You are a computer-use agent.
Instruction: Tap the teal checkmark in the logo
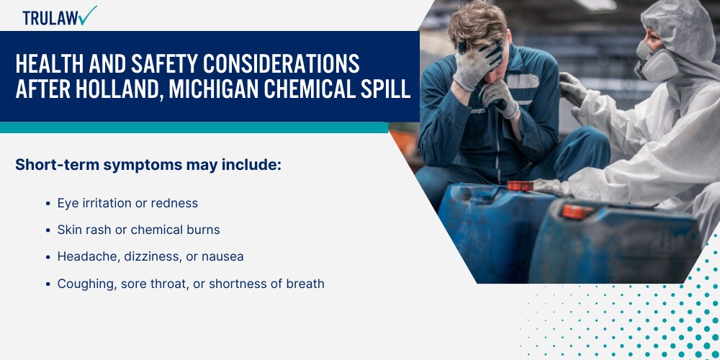pyautogui.click(x=89, y=14)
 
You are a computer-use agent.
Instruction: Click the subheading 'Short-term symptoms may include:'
pyautogui.click(x=148, y=165)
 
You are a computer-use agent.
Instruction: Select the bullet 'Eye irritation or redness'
pyautogui.click(x=127, y=203)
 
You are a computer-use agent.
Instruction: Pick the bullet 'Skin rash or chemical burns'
pyautogui.click(x=138, y=230)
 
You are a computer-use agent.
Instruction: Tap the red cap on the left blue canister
pyautogui.click(x=520, y=186)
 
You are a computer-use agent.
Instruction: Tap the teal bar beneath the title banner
pyautogui.click(x=194, y=127)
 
